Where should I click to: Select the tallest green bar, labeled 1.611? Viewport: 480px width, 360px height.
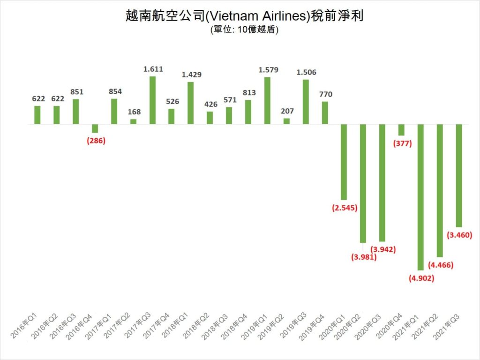coord(152,100)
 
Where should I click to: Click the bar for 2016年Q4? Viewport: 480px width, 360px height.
coord(95,128)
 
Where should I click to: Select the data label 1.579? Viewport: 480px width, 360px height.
coord(268,70)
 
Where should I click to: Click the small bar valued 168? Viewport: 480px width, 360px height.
coord(133,121)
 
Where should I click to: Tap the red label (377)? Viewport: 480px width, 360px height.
coord(401,143)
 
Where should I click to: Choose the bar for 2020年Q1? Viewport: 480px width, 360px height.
coord(344,162)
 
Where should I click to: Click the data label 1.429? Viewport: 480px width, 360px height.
coord(191,75)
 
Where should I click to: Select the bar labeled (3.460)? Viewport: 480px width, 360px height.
coord(459,175)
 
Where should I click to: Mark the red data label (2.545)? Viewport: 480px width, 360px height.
coord(344,208)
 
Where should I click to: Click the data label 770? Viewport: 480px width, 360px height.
coord(325,95)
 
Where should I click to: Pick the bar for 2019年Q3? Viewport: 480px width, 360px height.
coord(306,102)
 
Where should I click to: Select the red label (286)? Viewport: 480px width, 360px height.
coord(96,141)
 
